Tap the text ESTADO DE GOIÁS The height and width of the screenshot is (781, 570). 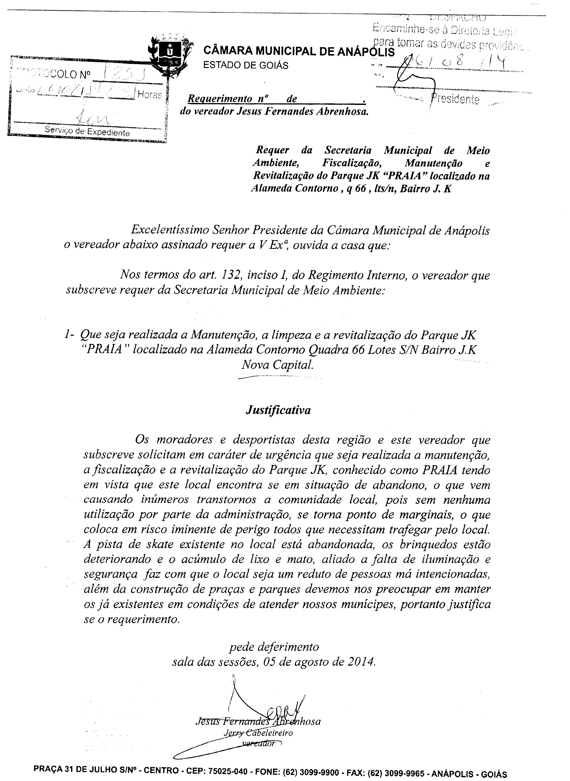coord(246,65)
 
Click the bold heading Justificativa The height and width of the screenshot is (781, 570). coord(278,410)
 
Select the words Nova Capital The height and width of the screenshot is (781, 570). coord(277,365)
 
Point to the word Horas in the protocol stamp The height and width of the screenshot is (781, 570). coord(149,95)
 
